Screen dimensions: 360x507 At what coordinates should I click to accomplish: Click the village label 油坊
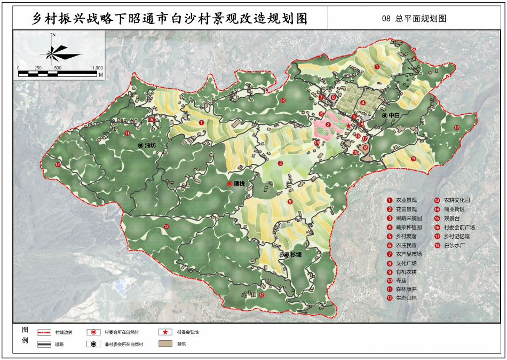(x=150, y=145)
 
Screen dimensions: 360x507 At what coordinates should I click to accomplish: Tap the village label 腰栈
(x=239, y=183)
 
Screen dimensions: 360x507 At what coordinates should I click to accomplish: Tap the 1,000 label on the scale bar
(x=97, y=68)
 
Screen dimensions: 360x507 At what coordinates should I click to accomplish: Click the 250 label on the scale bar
(x=38, y=68)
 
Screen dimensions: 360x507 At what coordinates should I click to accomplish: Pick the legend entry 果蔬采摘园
(x=408, y=218)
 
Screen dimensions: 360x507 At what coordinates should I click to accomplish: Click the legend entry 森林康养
(x=406, y=289)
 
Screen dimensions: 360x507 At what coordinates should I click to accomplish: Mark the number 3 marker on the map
(x=280, y=163)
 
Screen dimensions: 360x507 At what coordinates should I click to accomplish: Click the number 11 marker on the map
(x=127, y=133)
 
